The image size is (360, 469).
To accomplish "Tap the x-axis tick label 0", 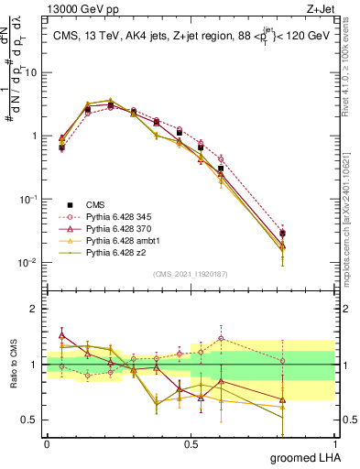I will pos(47,442).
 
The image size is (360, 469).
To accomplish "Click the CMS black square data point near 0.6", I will pos(221,169).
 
